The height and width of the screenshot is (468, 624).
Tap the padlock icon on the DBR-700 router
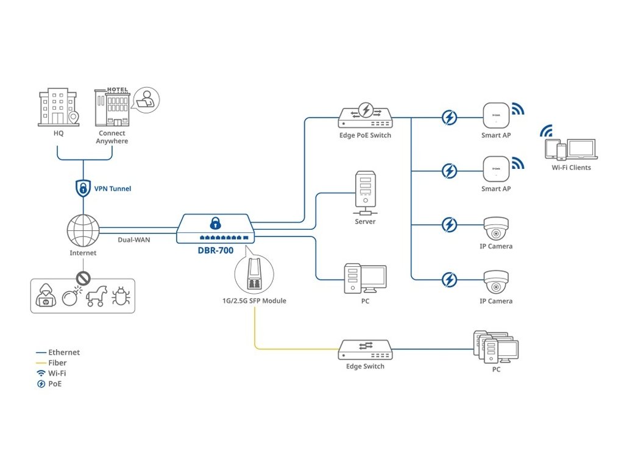(214, 222)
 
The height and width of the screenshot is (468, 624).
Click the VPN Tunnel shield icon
(83, 188)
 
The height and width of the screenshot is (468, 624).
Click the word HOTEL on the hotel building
(117, 90)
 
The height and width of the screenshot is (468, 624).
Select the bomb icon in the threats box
(71, 297)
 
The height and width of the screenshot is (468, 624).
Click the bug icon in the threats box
(120, 297)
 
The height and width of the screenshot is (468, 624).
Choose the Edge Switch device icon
(366, 349)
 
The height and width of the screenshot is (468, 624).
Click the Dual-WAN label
(134, 240)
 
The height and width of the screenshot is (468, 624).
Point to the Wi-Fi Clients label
(571, 168)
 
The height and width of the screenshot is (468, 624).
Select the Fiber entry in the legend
(57, 363)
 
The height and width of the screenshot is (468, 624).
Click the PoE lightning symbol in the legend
(41, 384)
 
